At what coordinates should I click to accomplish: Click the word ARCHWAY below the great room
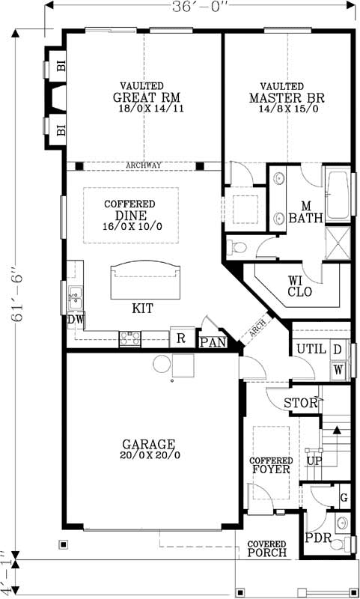144,165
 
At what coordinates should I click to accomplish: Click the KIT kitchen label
144,308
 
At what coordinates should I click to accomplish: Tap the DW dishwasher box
75,320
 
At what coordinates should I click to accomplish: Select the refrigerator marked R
181,337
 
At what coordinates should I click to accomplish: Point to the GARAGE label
150,443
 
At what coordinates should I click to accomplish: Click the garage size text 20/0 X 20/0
150,454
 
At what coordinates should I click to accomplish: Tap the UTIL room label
309,350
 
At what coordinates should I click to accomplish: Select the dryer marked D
338,350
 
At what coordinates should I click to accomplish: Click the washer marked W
338,369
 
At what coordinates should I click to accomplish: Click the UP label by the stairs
314,460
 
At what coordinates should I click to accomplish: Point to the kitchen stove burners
130,339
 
